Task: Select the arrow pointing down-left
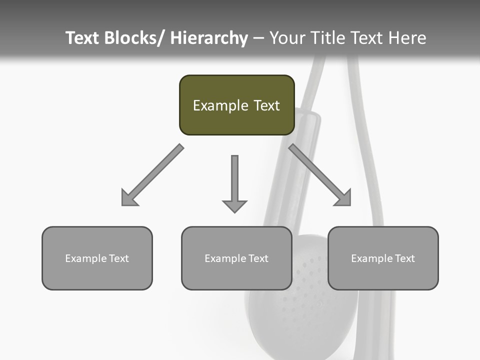point(152,175)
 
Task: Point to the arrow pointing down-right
point(320,175)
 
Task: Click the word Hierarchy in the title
point(209,38)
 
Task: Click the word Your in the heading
point(286,38)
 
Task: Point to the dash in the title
point(258,38)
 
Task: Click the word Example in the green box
point(220,105)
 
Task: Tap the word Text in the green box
point(266,105)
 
